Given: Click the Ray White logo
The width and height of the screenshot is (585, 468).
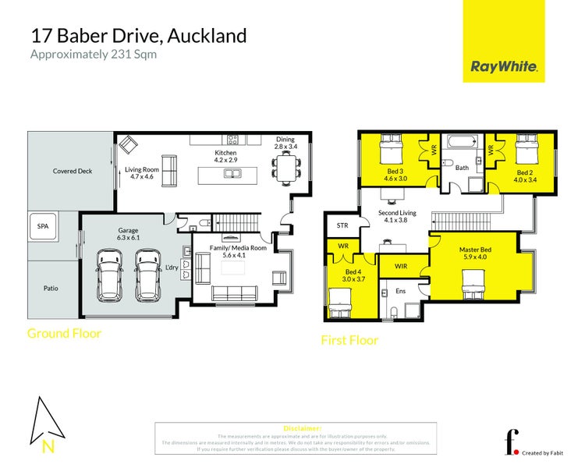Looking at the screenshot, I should (504, 66).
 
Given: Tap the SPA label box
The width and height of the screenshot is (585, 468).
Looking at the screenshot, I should (42, 226).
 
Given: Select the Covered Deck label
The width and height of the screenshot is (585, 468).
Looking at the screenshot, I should (72, 171).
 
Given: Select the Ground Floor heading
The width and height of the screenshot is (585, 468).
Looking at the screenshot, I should (64, 333).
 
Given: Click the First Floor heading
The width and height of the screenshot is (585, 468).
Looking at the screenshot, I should (349, 340).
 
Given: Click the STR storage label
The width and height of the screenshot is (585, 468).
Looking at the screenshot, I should (342, 226).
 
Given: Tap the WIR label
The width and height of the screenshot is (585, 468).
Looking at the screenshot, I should (401, 266).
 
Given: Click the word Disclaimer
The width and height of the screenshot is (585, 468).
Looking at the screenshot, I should (302, 428).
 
